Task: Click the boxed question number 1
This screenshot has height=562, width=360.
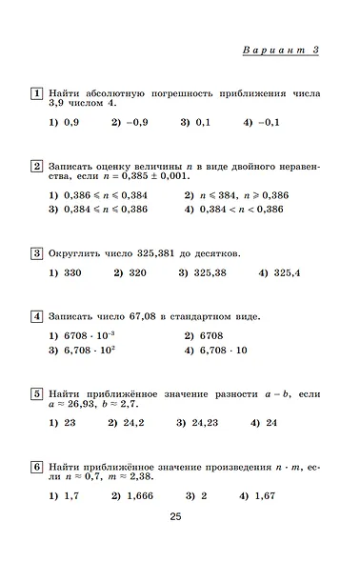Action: pos(36,94)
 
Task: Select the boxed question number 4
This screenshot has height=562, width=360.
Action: pos(36,316)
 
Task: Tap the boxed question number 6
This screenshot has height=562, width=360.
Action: pos(36,467)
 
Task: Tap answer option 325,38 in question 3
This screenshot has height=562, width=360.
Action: pos(208,273)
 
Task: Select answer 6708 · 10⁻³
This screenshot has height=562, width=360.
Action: pos(90,335)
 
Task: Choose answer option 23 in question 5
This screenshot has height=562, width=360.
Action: pos(68,423)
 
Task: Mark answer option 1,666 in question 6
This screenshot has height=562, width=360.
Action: pos(138,496)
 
